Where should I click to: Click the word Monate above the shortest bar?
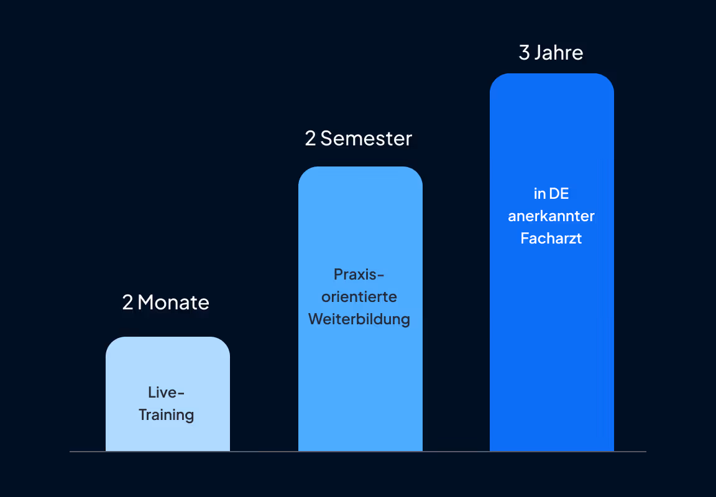[x=173, y=303]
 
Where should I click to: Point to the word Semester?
[x=366, y=138]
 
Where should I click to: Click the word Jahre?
[x=559, y=53]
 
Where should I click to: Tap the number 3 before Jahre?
[x=524, y=53]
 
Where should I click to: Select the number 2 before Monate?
[x=127, y=303]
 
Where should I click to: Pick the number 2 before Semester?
[x=310, y=138]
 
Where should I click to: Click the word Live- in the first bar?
[x=167, y=393]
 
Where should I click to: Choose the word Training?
[x=167, y=414]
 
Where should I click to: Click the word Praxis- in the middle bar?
[x=359, y=274]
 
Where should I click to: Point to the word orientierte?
[x=359, y=296]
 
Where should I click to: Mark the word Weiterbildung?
[x=359, y=319]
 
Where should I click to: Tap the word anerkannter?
[x=551, y=216]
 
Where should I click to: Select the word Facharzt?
[x=551, y=239]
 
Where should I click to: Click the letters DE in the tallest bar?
[x=559, y=194]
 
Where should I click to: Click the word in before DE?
[x=539, y=194]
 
